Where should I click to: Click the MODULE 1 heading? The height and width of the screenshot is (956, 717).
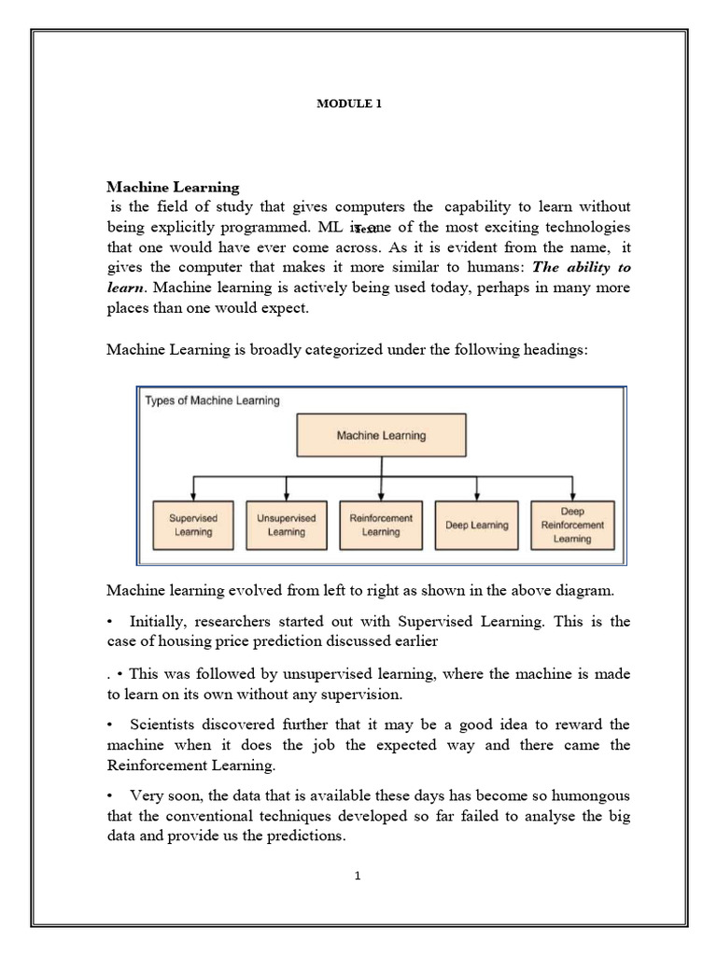coord(350,105)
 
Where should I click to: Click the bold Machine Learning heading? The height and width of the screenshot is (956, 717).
coord(173,188)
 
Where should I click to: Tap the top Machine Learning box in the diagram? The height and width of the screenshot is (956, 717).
coord(380,435)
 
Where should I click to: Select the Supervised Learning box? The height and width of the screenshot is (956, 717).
coord(192,525)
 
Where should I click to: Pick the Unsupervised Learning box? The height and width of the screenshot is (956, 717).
coord(286,525)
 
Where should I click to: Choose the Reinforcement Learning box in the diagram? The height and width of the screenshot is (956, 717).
coord(380,525)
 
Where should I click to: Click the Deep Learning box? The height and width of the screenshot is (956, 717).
coord(476,525)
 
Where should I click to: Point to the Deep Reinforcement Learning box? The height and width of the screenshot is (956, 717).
coord(572,525)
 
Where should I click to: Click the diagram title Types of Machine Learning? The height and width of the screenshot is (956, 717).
coord(212,401)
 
